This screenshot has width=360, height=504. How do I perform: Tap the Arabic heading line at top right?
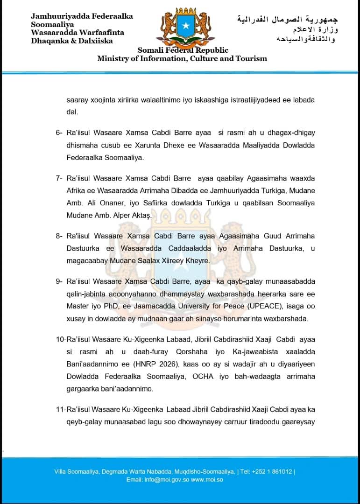(x=287, y=20)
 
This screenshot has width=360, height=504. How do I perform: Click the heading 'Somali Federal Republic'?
(x=183, y=50)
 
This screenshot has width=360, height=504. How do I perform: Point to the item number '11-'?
(x=61, y=409)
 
